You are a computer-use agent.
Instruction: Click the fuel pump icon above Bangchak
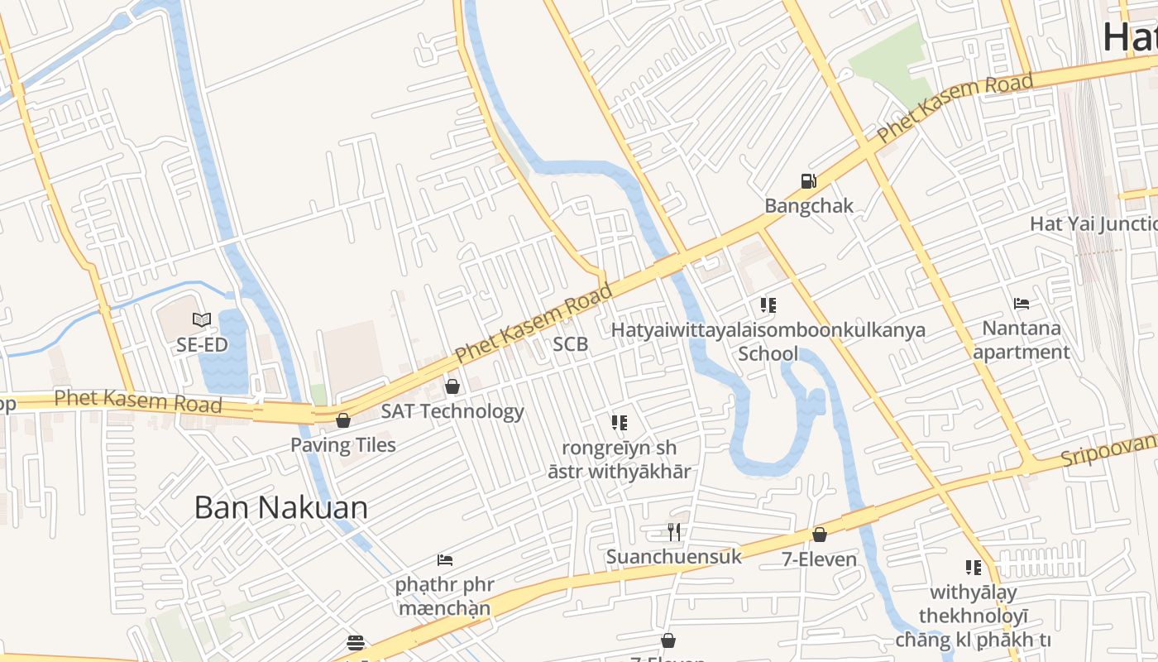[807, 181]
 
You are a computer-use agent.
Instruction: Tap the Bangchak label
[808, 206]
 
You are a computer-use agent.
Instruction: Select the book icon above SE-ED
[202, 319]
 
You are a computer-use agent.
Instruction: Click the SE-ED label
[202, 344]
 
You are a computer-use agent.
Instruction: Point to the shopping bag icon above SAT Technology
[452, 386]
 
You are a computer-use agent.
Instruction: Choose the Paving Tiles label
[343, 445]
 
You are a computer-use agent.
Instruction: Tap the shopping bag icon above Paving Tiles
[343, 420]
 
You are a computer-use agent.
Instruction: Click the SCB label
[571, 344]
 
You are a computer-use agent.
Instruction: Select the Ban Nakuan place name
[281, 507]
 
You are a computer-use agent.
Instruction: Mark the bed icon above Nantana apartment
[1022, 304]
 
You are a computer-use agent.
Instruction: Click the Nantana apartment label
[1022, 340]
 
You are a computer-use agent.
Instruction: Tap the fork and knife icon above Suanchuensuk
[674, 532]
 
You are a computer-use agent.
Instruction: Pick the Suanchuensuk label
[674, 557]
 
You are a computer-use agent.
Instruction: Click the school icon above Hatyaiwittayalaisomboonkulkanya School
[768, 305]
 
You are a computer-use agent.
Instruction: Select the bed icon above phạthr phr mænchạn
[445, 560]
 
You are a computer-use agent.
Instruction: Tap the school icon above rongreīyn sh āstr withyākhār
[620, 423]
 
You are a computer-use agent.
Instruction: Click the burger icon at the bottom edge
[356, 643]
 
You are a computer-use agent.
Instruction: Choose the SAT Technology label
[452, 411]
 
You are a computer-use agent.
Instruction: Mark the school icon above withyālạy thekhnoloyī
[974, 568]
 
